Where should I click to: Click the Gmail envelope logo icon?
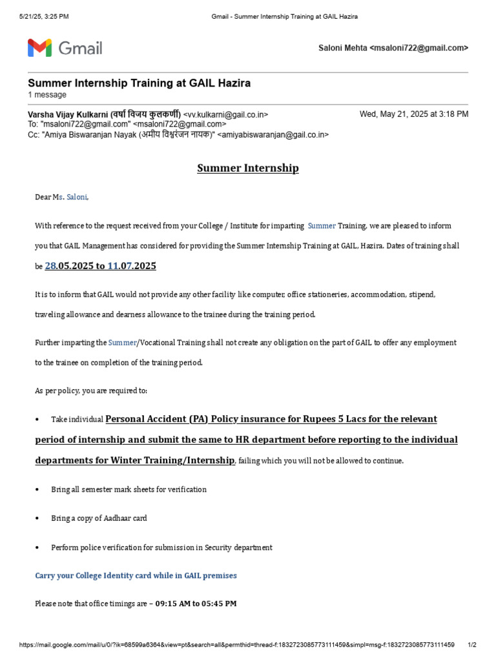(x=39, y=48)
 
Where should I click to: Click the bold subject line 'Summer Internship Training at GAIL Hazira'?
(x=139, y=83)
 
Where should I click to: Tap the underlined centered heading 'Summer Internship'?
(x=248, y=168)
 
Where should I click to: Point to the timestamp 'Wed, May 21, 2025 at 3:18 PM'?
(x=414, y=114)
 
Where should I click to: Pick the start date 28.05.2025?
(x=70, y=266)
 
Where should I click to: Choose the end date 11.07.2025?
(x=132, y=266)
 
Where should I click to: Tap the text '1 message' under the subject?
(x=46, y=95)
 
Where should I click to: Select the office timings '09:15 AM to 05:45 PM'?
(x=196, y=604)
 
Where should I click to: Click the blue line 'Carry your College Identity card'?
(x=136, y=575)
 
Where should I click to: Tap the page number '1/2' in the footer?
(x=471, y=645)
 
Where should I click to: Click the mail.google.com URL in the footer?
(x=237, y=645)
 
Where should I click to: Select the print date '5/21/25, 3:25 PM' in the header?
(x=45, y=15)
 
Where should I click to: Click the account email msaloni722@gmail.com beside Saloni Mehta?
(x=418, y=48)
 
